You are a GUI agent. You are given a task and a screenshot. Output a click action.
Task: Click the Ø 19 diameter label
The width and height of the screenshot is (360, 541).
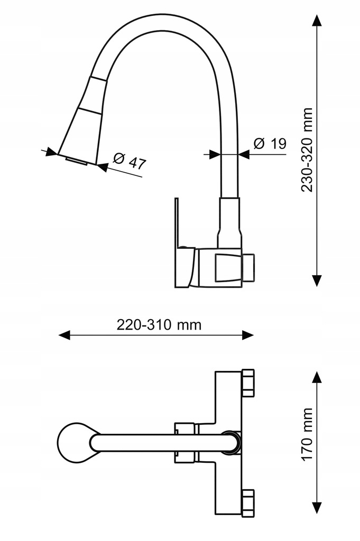point(270,143)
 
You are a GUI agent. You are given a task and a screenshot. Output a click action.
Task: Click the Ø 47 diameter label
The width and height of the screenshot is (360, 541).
point(130,161)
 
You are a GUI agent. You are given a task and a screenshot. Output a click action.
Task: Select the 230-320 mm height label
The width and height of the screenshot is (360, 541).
point(307,150)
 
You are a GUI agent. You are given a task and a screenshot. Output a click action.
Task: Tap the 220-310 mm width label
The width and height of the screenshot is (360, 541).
point(159,324)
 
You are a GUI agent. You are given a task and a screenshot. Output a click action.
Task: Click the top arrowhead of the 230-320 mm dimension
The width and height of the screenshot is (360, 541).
point(317,21)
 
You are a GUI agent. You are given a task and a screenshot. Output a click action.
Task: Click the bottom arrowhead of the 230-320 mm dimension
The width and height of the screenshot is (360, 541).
point(317,280)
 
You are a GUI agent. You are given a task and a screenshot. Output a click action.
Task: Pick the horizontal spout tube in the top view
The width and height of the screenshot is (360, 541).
point(159,443)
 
